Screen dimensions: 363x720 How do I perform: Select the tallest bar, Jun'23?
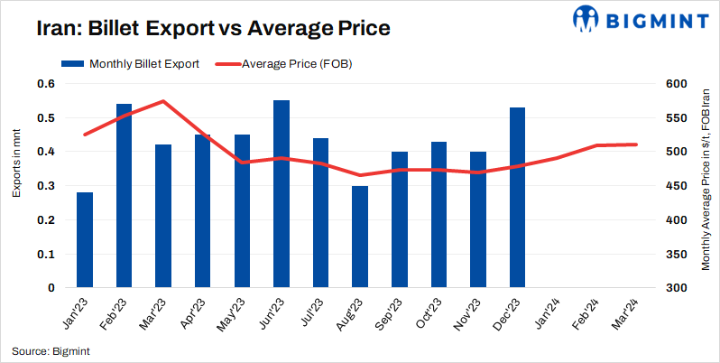pos(282,194)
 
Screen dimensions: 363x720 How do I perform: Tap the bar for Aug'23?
pos(360,237)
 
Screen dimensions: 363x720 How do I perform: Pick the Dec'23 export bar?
pos(517,198)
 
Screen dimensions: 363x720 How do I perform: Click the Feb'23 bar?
pos(124,196)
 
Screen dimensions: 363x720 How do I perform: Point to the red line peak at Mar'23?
pos(162,101)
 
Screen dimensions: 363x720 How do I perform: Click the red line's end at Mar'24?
pos(635,144)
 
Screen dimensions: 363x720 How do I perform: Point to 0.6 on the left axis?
pos(47,84)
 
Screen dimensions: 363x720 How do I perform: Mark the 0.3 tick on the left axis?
pos(47,186)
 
